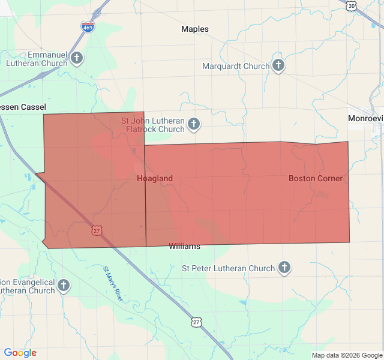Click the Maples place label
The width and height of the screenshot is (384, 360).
(x=195, y=29)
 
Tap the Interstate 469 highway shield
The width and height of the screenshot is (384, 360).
(x=88, y=27)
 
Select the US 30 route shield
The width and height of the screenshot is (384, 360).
(x=351, y=5)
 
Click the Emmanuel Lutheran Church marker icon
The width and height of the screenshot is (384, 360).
(x=76, y=58)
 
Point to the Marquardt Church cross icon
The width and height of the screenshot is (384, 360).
(x=278, y=65)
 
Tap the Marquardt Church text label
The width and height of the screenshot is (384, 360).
(x=236, y=66)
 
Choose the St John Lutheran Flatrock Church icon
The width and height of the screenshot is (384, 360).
(x=193, y=124)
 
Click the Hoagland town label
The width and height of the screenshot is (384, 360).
(x=155, y=178)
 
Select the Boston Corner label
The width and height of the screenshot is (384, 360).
(x=316, y=178)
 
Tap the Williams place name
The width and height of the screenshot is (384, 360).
(x=184, y=246)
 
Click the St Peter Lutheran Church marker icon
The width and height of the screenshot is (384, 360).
(x=284, y=268)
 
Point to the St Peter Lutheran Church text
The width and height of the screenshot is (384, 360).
(x=228, y=268)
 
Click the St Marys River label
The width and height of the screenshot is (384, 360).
(x=113, y=285)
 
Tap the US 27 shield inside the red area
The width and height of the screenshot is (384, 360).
(x=97, y=230)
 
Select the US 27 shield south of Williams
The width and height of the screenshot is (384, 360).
(x=197, y=322)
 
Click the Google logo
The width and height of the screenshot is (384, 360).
(x=20, y=353)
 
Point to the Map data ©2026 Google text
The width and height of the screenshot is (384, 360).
(x=346, y=355)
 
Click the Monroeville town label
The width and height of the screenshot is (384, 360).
(x=365, y=118)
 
